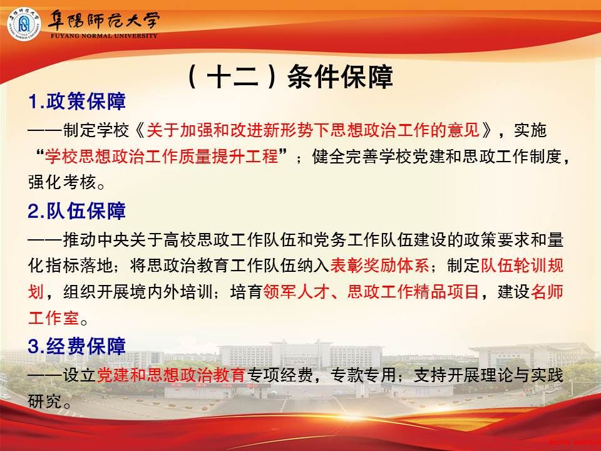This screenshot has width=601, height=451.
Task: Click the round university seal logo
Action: (24, 24)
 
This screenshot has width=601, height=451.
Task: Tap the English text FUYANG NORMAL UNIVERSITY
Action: (104, 36)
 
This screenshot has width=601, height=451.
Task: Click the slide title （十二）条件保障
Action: (290, 76)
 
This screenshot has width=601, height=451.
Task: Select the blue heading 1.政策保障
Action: (76, 101)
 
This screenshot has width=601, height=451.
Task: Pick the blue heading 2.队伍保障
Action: (76, 211)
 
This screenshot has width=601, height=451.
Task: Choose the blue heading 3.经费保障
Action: (76, 346)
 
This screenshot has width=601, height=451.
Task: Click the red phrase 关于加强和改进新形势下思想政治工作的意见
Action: (313, 130)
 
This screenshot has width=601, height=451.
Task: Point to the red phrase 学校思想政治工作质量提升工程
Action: (162, 156)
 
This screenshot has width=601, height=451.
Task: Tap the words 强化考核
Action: (62, 182)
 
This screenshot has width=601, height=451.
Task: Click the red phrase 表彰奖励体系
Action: (380, 266)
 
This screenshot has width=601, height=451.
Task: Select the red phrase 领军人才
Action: (296, 291)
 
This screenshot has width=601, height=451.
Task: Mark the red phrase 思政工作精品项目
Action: (413, 291)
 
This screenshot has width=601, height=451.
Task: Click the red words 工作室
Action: (53, 318)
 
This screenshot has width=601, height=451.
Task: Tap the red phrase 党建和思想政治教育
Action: (171, 375)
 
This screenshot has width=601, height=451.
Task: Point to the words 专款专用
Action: (363, 375)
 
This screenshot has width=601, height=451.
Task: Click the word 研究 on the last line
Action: (45, 401)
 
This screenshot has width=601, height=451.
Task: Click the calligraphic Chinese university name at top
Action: (103, 20)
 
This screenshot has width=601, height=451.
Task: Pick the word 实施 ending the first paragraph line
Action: (530, 130)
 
